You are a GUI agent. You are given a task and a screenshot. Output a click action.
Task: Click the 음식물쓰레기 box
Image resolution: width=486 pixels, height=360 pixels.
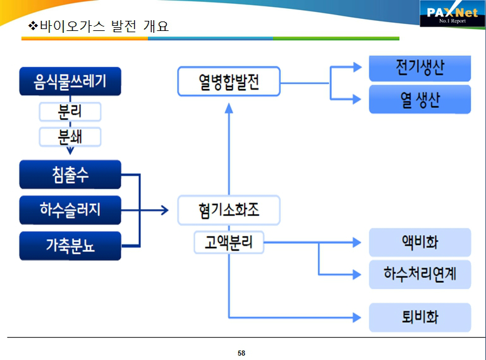(x=70, y=81)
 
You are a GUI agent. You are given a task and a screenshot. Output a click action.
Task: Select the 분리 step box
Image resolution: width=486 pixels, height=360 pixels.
(x=70, y=112)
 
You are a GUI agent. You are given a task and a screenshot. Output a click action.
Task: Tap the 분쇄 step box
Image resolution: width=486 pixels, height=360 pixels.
(x=70, y=136)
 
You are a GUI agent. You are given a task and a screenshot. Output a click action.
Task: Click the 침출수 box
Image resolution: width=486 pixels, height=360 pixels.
(x=70, y=174)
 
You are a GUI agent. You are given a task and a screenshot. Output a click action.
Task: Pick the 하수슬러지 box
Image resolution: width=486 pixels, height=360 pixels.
(x=70, y=210)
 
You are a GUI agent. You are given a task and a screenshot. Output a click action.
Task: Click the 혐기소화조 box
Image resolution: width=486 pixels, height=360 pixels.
(x=228, y=210)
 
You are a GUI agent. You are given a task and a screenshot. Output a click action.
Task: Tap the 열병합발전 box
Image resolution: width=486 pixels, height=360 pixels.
(x=228, y=81)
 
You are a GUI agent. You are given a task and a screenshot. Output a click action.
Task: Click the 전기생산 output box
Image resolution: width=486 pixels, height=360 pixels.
(x=420, y=68)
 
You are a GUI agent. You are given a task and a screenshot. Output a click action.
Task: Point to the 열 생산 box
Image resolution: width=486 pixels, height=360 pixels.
(x=420, y=99)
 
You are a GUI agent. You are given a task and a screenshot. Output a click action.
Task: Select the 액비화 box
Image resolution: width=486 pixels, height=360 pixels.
(x=420, y=242)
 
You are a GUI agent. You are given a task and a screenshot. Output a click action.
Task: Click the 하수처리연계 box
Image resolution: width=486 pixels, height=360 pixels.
(x=420, y=274)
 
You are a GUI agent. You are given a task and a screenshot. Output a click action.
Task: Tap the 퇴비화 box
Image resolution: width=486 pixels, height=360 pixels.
(x=420, y=317)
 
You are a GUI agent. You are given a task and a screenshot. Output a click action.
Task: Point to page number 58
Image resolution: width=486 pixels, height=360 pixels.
(x=241, y=352)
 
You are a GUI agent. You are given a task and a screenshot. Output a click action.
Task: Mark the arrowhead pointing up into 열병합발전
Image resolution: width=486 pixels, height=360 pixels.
(x=229, y=107)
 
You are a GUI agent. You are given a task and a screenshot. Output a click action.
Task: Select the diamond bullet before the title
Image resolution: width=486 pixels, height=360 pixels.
(x=34, y=27)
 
